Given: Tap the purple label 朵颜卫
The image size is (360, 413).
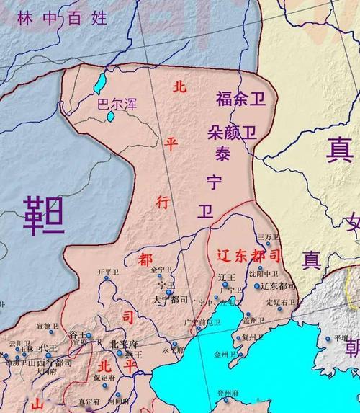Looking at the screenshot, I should click(x=231, y=133).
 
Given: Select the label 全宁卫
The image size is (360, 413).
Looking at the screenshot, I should click(x=163, y=270).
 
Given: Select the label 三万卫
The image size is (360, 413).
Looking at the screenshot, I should click(x=266, y=237).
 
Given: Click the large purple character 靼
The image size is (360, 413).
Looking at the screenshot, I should click(x=43, y=216).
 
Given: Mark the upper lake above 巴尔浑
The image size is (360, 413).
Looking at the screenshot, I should click(x=100, y=81).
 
